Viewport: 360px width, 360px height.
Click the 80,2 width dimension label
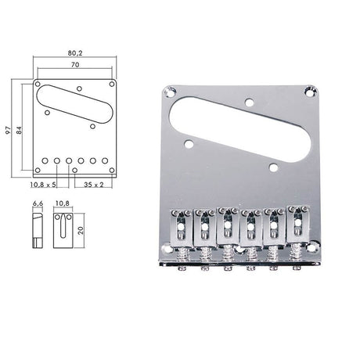click(x=77, y=54)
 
